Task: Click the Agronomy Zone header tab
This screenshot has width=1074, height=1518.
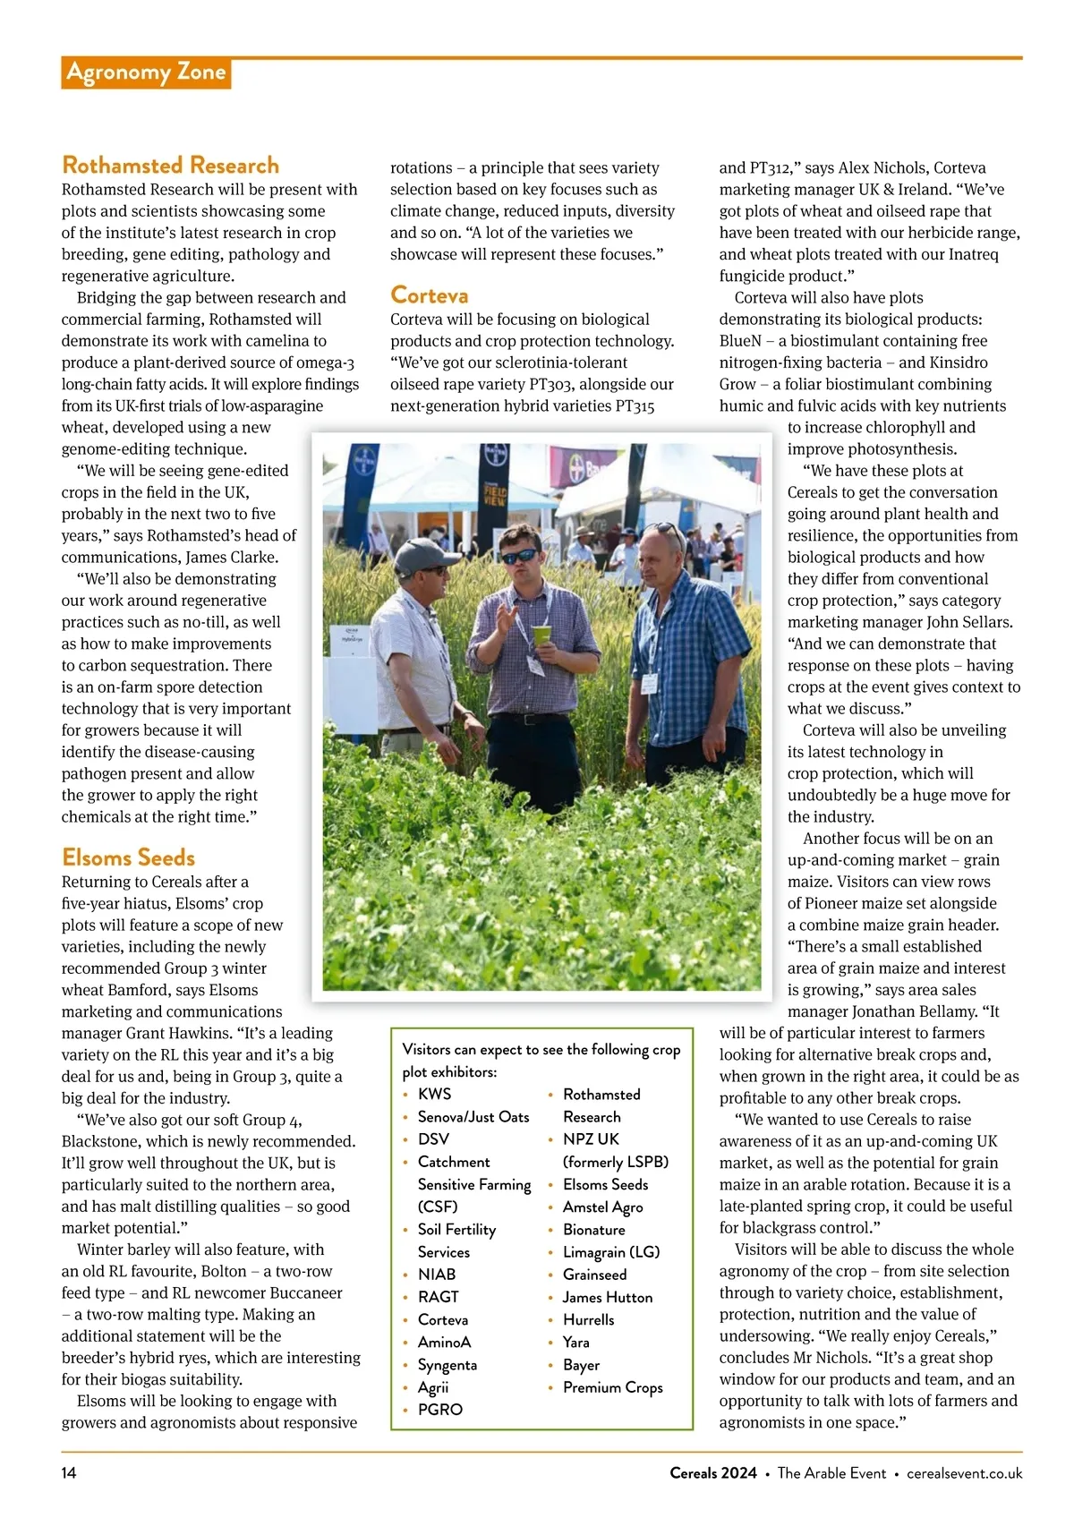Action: [x=146, y=72]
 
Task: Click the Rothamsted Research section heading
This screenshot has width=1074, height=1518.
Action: [x=170, y=166]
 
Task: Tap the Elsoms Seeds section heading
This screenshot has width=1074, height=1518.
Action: [x=128, y=857]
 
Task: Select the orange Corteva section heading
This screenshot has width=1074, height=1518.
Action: [x=429, y=295]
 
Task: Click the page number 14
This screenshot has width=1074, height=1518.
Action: [x=69, y=1473]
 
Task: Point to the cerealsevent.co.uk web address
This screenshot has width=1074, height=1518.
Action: [x=964, y=1473]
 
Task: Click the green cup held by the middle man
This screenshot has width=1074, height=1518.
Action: [x=542, y=635]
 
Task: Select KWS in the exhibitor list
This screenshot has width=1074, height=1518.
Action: [x=434, y=1094]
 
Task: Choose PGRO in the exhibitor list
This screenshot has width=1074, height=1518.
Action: [x=440, y=1409]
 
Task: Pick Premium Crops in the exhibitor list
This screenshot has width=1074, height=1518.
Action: [x=612, y=1387]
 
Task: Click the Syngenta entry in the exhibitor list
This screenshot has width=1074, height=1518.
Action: [x=447, y=1365]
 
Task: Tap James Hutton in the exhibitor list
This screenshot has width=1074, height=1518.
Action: [x=607, y=1297]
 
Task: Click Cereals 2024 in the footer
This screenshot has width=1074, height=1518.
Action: [x=712, y=1473]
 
